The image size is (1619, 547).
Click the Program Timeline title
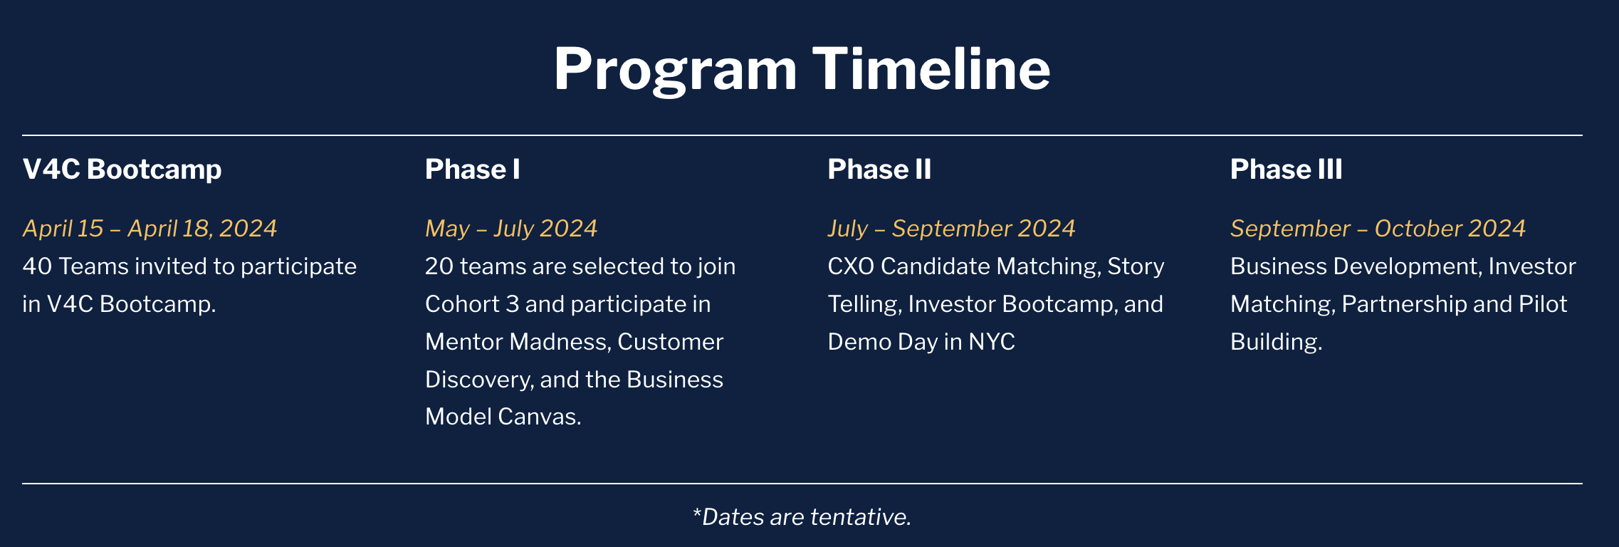(x=802, y=69)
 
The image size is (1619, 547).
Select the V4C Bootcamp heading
(x=122, y=170)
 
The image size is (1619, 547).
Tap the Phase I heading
(x=473, y=170)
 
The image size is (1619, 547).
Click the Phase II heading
(x=879, y=170)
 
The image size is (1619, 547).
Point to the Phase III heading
(x=1287, y=170)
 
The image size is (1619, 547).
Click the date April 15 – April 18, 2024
(x=150, y=229)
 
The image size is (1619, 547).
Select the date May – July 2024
(x=511, y=229)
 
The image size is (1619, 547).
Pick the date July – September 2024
(x=951, y=229)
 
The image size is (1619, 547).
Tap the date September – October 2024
(x=1378, y=229)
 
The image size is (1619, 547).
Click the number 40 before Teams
(x=37, y=266)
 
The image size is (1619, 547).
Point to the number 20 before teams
(x=439, y=266)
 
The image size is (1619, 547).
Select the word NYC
(x=992, y=342)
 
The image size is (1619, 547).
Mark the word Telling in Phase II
(x=865, y=305)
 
